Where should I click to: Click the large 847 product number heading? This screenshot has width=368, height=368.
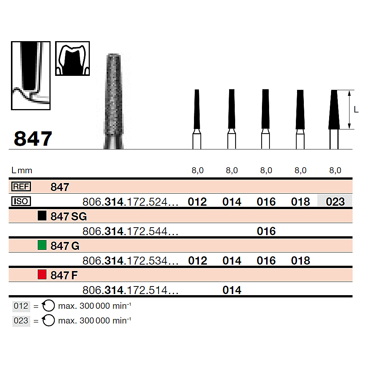(x=33, y=139)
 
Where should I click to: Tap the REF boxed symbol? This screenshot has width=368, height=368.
(x=22, y=186)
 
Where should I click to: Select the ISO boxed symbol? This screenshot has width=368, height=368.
(x=22, y=202)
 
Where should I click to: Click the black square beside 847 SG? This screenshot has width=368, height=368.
(x=42, y=216)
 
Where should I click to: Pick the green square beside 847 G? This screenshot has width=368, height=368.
(x=42, y=245)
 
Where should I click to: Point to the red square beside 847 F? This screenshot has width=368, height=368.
(x=42, y=275)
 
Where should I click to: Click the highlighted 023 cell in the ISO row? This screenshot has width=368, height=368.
(x=335, y=202)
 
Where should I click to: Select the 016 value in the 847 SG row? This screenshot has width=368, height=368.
(x=266, y=231)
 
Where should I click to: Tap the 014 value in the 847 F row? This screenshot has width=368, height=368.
(x=232, y=290)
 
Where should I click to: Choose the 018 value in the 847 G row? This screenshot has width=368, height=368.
(x=300, y=260)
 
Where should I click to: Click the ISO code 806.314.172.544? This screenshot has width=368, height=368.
(x=130, y=231)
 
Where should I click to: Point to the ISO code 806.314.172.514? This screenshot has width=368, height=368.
(x=130, y=290)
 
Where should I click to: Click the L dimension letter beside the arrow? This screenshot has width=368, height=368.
(x=356, y=110)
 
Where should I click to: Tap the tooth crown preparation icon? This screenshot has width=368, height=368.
(x=72, y=59)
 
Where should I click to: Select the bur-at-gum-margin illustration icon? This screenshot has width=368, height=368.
(x=31, y=75)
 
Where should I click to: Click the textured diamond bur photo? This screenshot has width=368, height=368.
(x=113, y=100)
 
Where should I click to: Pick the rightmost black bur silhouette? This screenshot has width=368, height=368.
(x=334, y=110)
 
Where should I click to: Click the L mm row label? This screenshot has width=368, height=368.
(x=22, y=170)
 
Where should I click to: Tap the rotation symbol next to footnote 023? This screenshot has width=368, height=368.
(x=49, y=320)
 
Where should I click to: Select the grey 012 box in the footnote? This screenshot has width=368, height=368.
(x=21, y=306)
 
